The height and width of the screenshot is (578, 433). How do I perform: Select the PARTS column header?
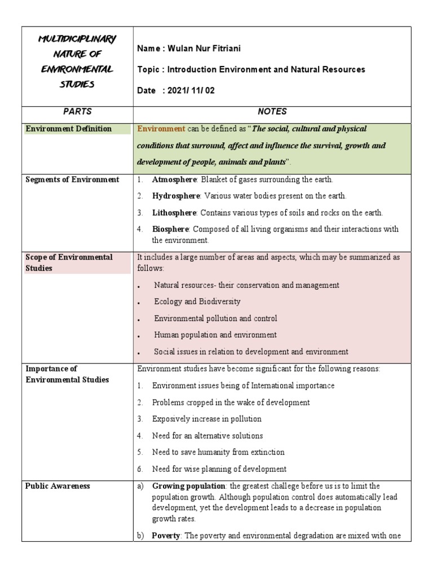click(x=77, y=112)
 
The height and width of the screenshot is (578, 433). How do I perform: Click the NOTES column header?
click(x=272, y=112)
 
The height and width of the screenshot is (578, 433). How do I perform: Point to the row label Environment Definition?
click(x=69, y=129)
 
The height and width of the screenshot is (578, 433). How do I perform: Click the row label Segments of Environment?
click(x=72, y=179)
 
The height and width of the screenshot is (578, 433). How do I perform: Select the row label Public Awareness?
click(x=58, y=486)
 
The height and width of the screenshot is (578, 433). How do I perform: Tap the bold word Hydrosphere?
click(x=175, y=196)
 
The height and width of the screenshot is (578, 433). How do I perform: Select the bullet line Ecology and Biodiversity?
click(x=197, y=302)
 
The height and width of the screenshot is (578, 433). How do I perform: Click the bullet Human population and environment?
click(x=215, y=335)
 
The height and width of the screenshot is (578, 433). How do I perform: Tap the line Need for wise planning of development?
click(x=219, y=469)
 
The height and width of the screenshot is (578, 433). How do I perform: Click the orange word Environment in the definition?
click(x=161, y=129)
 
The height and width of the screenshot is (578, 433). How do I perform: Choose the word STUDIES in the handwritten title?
click(x=76, y=85)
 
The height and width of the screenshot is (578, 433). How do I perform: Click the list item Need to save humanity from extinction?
click(x=218, y=452)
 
